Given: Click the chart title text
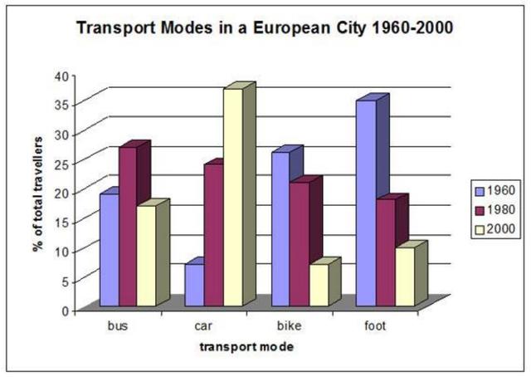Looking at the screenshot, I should point(265,28).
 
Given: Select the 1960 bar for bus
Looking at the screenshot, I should point(109,250).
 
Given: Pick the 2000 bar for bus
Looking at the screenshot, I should point(146,257).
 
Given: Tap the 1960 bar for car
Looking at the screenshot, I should point(193,286).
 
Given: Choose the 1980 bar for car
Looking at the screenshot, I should point(212,236).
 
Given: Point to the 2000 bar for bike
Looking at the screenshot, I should point(319,286).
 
